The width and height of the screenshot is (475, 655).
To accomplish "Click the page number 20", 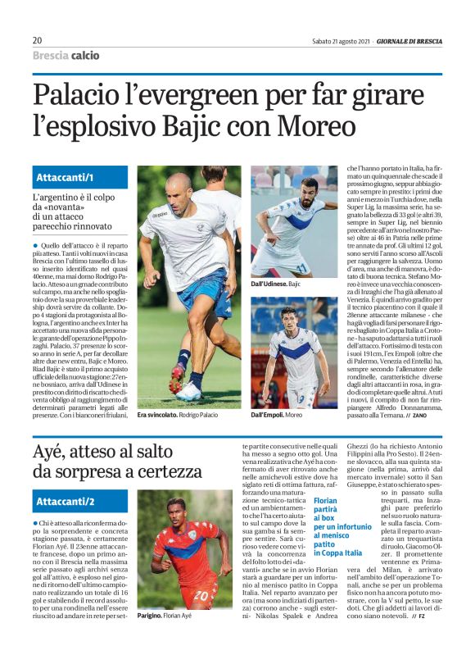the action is click(38, 40).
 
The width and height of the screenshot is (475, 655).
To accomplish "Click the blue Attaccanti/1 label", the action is click(66, 178).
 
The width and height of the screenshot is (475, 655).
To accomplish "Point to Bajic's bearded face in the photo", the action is click(309, 190).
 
